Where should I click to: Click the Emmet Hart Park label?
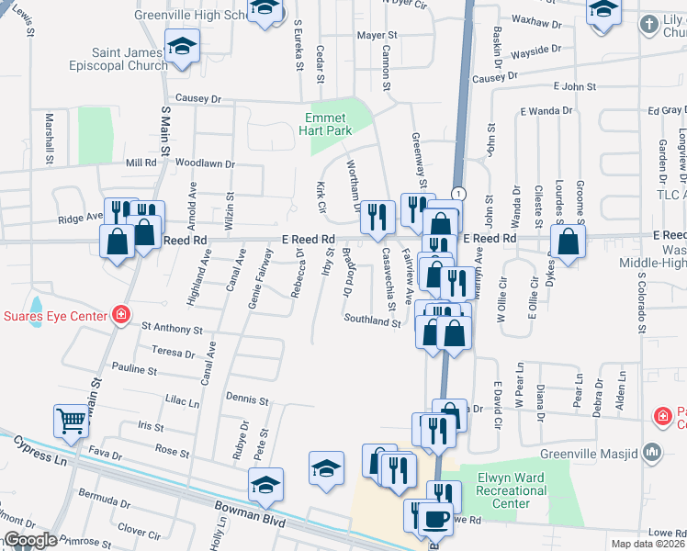[x=326, y=125]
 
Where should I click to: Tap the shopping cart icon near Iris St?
[x=72, y=421]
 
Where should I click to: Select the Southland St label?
[x=372, y=321]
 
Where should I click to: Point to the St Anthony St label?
[x=171, y=328]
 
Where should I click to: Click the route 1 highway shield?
[x=458, y=193]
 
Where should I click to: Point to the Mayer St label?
[x=376, y=35]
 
